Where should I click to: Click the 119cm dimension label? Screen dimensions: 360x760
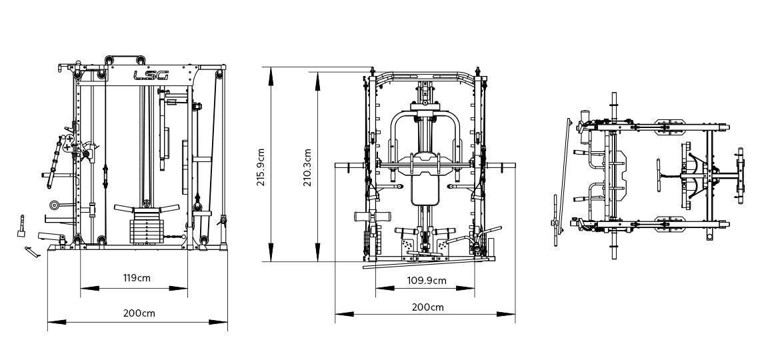pyautogui.click(x=135, y=278)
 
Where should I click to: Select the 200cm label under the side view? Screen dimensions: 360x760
pyautogui.click(x=139, y=313)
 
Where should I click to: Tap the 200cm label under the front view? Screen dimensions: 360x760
pyautogui.click(x=427, y=307)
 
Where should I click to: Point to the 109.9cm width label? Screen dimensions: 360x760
pyautogui.click(x=427, y=281)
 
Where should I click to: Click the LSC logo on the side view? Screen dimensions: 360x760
pyautogui.click(x=151, y=76)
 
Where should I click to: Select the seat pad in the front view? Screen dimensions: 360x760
pyautogui.click(x=425, y=187)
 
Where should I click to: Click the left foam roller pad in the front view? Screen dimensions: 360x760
pyautogui.click(x=363, y=218)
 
